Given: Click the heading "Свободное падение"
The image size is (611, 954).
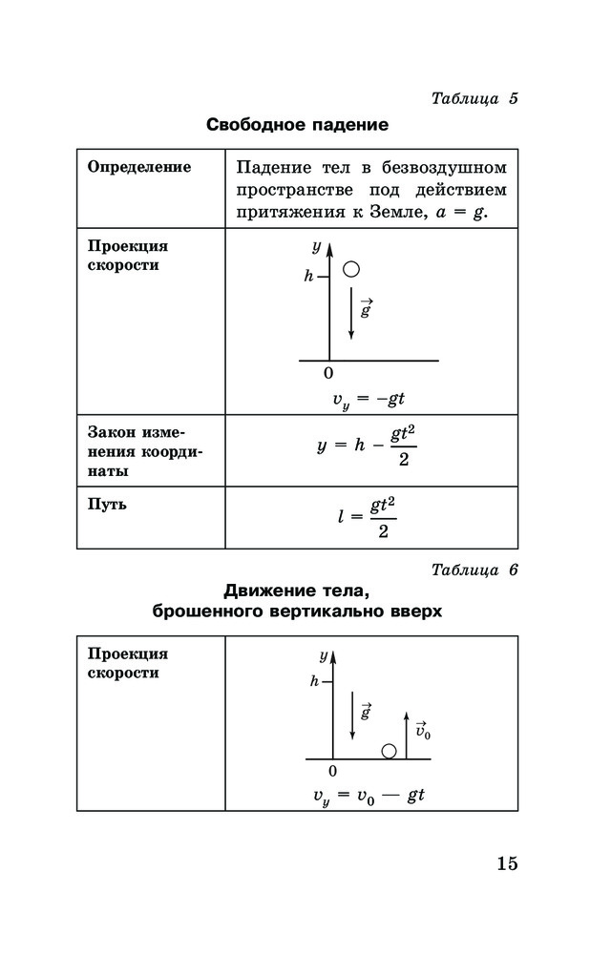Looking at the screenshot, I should point(297,125).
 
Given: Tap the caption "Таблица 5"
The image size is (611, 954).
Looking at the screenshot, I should point(474,98).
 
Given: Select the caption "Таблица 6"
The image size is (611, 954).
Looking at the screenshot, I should point(474,570).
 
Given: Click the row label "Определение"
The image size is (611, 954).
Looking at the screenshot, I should point(139,167).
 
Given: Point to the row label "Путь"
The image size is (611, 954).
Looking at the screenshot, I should point(107,505).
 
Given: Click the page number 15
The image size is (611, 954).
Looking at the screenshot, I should point(506,864).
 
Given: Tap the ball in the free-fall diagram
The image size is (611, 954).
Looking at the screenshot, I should point(351,269).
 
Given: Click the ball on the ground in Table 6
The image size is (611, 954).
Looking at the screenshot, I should point(389,751).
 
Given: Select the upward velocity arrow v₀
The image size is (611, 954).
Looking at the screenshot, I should point(407,735).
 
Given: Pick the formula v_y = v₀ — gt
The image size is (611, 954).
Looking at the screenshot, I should point(369,796).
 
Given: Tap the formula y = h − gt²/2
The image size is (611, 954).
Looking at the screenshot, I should point(368,446).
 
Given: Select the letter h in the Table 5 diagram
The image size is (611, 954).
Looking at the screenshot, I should point(308,277).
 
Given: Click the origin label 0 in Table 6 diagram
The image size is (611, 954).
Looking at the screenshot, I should point(332,770).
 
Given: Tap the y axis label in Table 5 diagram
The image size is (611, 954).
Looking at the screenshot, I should point(316,247).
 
